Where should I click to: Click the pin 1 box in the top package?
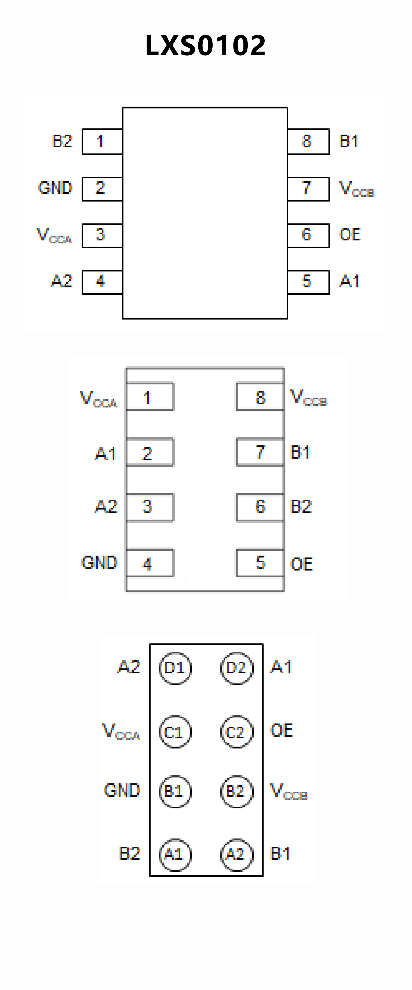[102, 141]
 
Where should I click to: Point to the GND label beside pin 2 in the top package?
[55, 188]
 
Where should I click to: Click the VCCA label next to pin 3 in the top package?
[54, 235]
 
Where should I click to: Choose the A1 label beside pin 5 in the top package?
[349, 281]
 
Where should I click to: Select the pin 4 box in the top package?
[102, 282]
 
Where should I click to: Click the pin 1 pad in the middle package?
[150, 397]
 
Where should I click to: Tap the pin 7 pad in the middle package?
[260, 452]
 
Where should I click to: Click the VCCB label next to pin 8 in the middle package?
[309, 397]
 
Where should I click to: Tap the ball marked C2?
[237, 732]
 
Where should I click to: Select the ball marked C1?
[175, 732]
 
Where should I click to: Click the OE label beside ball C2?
[282, 730]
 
